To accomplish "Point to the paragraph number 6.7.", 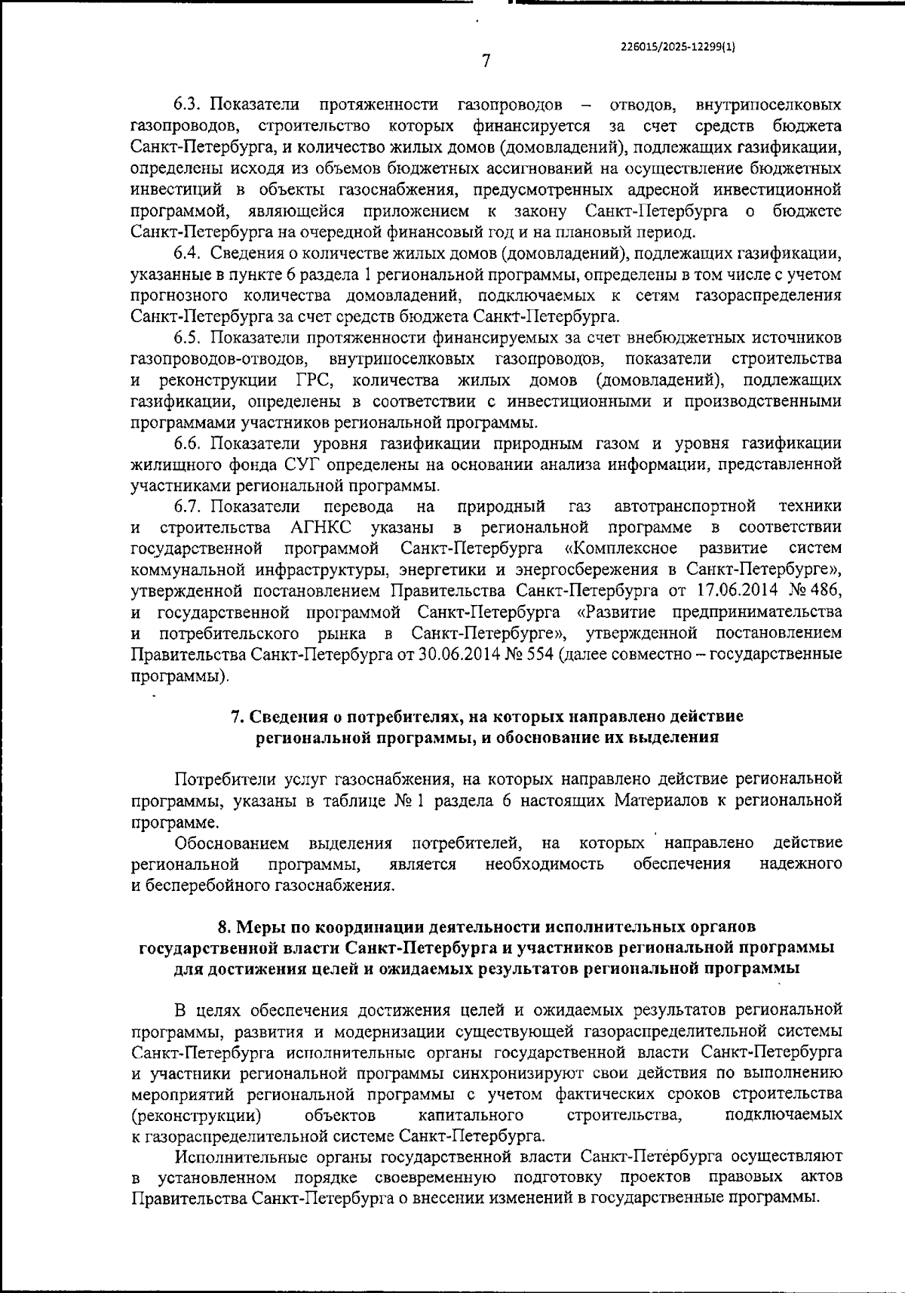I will (187, 505).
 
